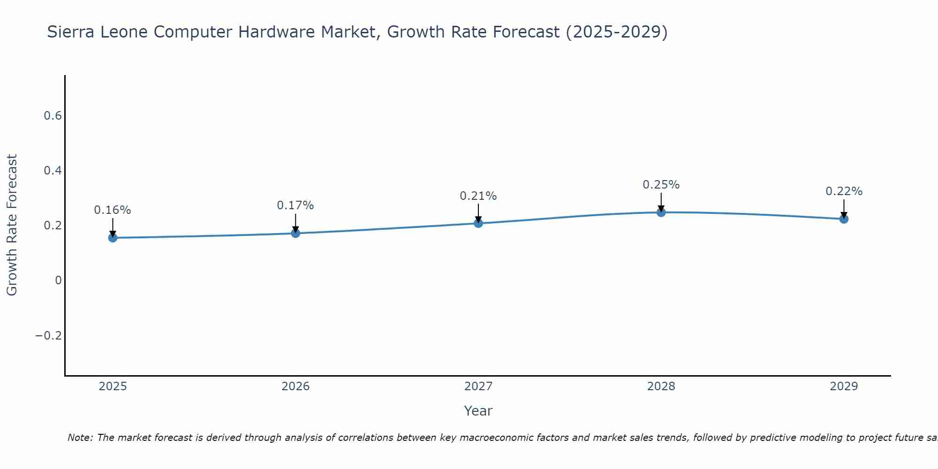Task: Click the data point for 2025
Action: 113,238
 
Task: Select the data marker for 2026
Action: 295,233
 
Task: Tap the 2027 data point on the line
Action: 478,223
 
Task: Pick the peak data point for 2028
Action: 661,212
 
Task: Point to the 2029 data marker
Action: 844,219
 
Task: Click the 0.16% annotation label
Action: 113,210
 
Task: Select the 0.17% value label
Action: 295,205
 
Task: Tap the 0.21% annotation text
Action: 478,196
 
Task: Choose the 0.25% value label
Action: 661,185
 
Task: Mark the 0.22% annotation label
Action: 844,191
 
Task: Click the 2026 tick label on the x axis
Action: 295,386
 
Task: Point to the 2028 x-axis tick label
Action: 661,386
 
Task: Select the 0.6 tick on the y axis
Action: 53,116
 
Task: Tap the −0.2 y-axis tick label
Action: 49,336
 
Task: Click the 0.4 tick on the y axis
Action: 53,171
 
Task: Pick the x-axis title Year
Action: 478,411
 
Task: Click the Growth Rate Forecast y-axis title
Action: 12,225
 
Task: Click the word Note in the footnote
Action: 80,438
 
